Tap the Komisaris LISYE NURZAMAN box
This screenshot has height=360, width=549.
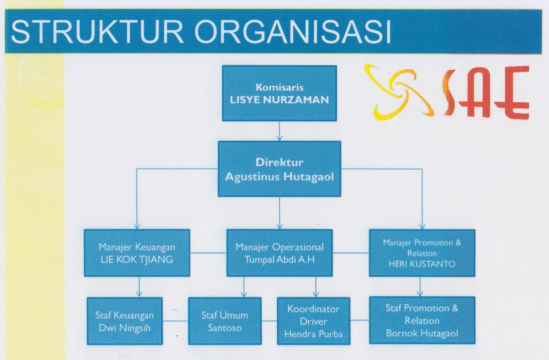[279, 93]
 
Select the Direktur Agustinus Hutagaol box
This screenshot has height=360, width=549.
[279, 169]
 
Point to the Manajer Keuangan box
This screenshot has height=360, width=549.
[137, 253]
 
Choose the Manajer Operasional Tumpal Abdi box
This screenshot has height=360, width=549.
[280, 253]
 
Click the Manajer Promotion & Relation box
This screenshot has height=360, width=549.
[422, 253]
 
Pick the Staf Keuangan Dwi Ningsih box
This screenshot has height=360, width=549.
[124, 321]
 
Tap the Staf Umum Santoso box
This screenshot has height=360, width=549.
[224, 321]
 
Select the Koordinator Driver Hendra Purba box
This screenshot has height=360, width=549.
[313, 321]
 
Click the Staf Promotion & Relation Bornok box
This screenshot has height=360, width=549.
[422, 320]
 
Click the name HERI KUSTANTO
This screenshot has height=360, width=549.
[422, 264]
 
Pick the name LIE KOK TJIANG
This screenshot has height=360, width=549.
[137, 259]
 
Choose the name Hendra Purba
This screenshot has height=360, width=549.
[313, 334]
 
